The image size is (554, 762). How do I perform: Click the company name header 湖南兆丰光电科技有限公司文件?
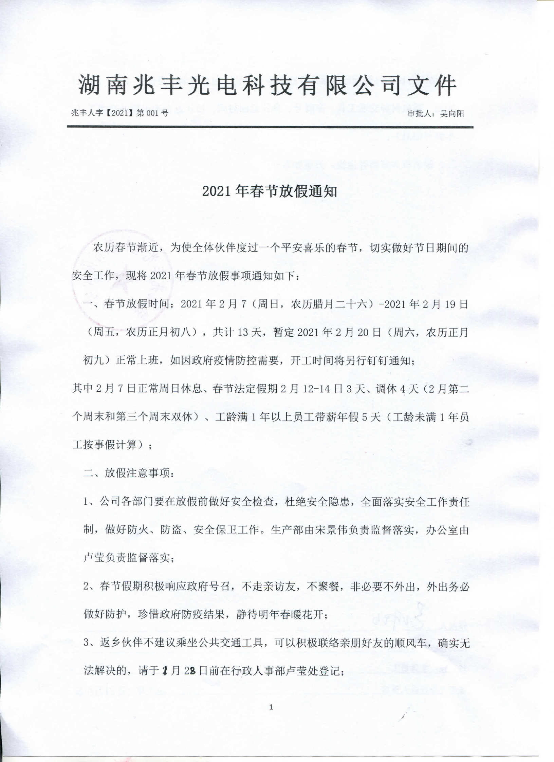267,86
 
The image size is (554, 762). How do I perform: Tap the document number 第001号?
152,113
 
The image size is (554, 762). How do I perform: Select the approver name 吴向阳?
452,114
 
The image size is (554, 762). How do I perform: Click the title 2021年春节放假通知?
270,192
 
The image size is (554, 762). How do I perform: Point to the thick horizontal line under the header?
270,127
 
